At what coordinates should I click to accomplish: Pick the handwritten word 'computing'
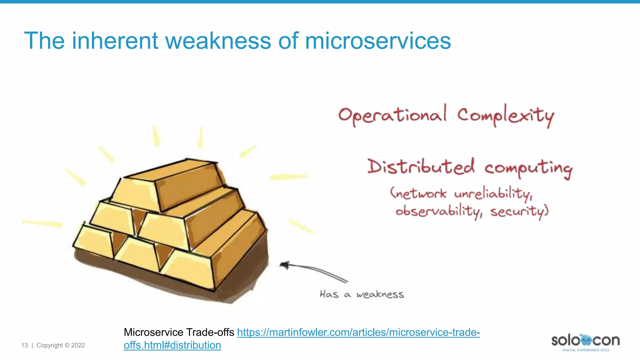tap(528, 169)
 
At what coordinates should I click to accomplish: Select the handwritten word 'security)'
tap(519, 212)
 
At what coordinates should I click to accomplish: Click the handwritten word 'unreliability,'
tap(493, 194)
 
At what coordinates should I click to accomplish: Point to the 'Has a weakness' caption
tap(362, 294)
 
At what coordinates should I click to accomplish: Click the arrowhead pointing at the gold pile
tap(284, 265)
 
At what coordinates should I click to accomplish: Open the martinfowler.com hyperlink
tap(358, 332)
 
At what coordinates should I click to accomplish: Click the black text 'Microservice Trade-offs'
tap(179, 332)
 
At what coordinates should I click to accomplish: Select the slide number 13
tap(24, 345)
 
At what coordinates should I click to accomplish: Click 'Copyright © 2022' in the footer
tap(61, 345)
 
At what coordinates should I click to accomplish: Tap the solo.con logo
tap(585, 342)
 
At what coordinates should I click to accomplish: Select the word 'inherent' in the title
tap(115, 41)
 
